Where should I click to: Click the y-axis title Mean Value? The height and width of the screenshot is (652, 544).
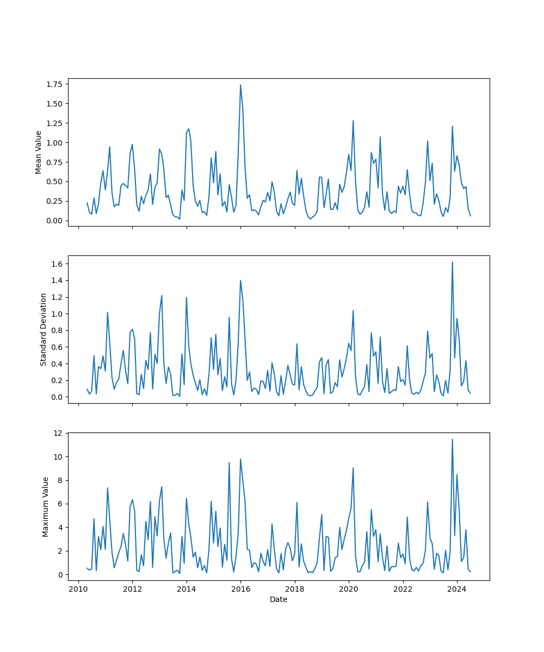[x=39, y=152]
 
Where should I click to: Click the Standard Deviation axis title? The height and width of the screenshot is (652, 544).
[x=44, y=329]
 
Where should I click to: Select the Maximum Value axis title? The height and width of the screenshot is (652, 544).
[x=46, y=506]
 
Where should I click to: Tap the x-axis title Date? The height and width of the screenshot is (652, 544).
[x=279, y=600]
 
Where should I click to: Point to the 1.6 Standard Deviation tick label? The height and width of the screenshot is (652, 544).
[x=58, y=264]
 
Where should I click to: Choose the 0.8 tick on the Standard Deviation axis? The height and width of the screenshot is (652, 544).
[x=58, y=330]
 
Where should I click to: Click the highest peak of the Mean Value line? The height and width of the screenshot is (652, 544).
[x=240, y=85]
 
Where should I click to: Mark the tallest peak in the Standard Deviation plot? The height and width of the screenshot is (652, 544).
[x=452, y=262]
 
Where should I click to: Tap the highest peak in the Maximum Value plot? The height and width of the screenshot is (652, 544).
[x=452, y=440]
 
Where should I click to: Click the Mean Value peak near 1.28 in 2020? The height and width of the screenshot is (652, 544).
[x=353, y=121]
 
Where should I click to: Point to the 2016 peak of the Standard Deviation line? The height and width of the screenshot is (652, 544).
[x=240, y=280]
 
